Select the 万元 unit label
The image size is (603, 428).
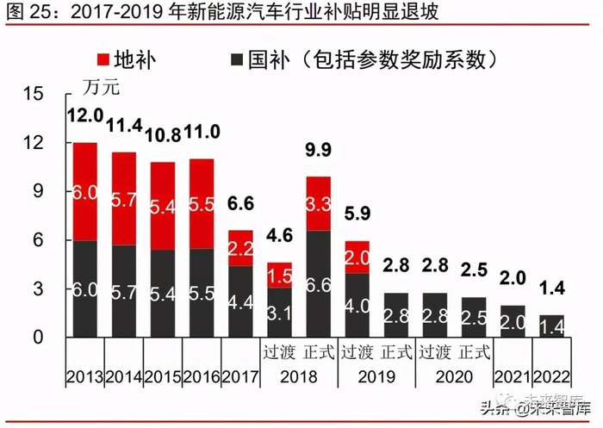pyautogui.click(x=102, y=86)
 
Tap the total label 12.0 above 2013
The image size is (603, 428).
pyautogui.click(x=84, y=115)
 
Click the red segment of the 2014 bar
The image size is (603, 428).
pyautogui.click(x=123, y=199)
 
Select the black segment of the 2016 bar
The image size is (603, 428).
pyautogui.click(x=202, y=293)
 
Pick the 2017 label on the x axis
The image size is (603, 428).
pyautogui.click(x=241, y=377)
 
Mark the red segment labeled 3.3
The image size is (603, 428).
pyautogui.click(x=319, y=203)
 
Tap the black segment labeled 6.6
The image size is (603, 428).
pyautogui.click(x=319, y=284)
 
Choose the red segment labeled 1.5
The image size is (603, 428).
pyautogui.click(x=280, y=276)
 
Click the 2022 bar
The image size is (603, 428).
pyautogui.click(x=551, y=326)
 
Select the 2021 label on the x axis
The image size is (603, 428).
pyautogui.click(x=513, y=377)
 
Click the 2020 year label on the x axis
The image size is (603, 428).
pyautogui.click(x=455, y=377)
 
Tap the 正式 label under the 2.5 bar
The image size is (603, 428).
pyautogui.click(x=474, y=352)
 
